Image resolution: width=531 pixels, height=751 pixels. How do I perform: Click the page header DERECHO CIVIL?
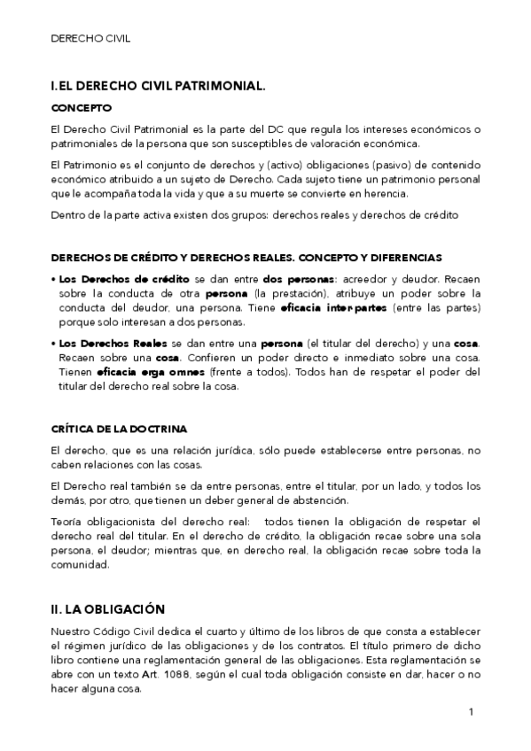(x=90, y=39)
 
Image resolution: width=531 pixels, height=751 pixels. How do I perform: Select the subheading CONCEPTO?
(x=82, y=108)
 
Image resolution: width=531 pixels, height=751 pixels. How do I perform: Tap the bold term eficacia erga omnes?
(x=138, y=372)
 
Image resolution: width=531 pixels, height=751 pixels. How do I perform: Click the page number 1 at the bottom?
(x=472, y=711)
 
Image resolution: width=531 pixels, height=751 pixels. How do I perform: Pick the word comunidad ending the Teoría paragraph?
(x=79, y=564)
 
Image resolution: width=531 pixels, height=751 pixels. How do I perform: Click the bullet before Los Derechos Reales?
(x=54, y=343)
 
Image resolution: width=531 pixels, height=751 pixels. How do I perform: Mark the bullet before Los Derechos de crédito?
(x=54, y=278)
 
